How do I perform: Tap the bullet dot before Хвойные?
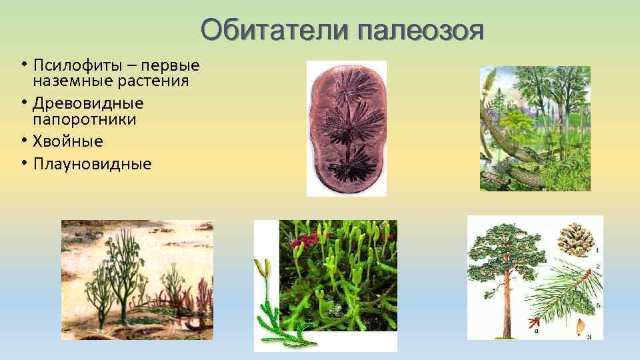pos(24,141)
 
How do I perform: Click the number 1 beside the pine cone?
pos(597,251)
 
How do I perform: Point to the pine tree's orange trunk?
pos(511,300)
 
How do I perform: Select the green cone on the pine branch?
pos(579,303)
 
